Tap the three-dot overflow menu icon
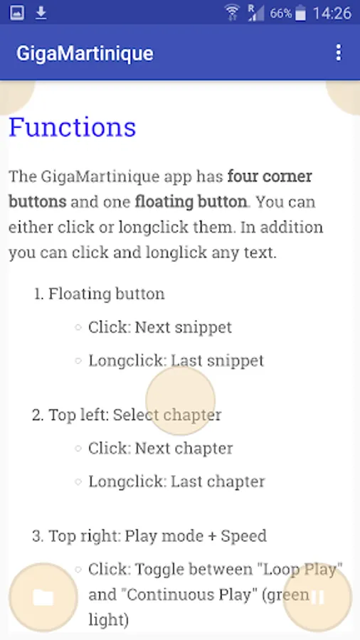click(x=339, y=53)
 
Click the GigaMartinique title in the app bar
click(x=85, y=53)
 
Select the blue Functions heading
click(x=73, y=127)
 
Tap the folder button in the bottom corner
click(x=43, y=597)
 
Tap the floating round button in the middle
click(x=181, y=400)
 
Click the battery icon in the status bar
click(x=300, y=13)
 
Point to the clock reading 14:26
click(x=332, y=14)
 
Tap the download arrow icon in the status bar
click(x=41, y=13)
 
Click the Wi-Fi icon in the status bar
click(x=232, y=12)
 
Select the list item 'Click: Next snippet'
click(x=160, y=327)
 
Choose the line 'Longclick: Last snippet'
click(x=176, y=361)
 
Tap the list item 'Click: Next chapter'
click(x=160, y=448)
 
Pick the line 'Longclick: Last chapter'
click(x=176, y=481)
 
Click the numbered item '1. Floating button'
click(x=99, y=294)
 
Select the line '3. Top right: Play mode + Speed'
click(x=149, y=536)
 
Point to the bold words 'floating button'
click(x=191, y=202)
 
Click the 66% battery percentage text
click(x=281, y=14)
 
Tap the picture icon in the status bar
click(x=17, y=13)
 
